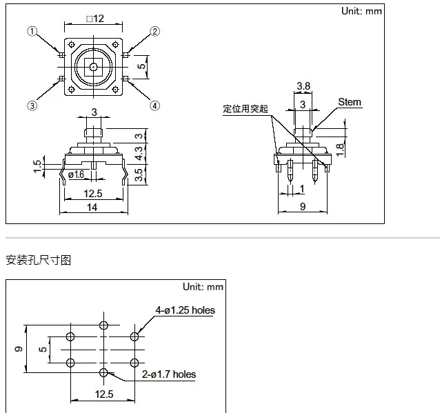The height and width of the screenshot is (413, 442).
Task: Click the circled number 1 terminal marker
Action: (x=32, y=31)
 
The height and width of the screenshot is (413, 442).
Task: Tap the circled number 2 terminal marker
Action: (x=154, y=31)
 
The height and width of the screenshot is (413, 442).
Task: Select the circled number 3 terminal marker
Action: (x=32, y=105)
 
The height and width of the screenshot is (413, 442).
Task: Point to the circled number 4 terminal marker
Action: (x=154, y=106)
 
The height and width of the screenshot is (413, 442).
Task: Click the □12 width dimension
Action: (x=95, y=19)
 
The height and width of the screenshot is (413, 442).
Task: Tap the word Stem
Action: (x=350, y=102)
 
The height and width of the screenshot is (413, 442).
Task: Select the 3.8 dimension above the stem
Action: (x=303, y=86)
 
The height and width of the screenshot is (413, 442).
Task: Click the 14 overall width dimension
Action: (x=92, y=208)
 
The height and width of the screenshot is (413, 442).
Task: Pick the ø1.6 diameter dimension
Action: (x=76, y=174)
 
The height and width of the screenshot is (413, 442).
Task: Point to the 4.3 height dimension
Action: (x=139, y=153)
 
